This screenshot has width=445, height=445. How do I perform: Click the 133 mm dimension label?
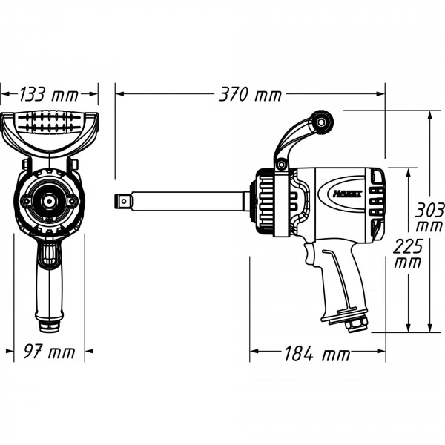coord(49,94)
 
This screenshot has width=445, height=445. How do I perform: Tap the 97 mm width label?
coord(50,352)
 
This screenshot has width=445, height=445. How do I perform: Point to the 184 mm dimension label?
coord(317,354)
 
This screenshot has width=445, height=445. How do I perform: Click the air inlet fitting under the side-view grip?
coord(355,324)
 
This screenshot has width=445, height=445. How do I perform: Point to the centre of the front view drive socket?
coord(49,201)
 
